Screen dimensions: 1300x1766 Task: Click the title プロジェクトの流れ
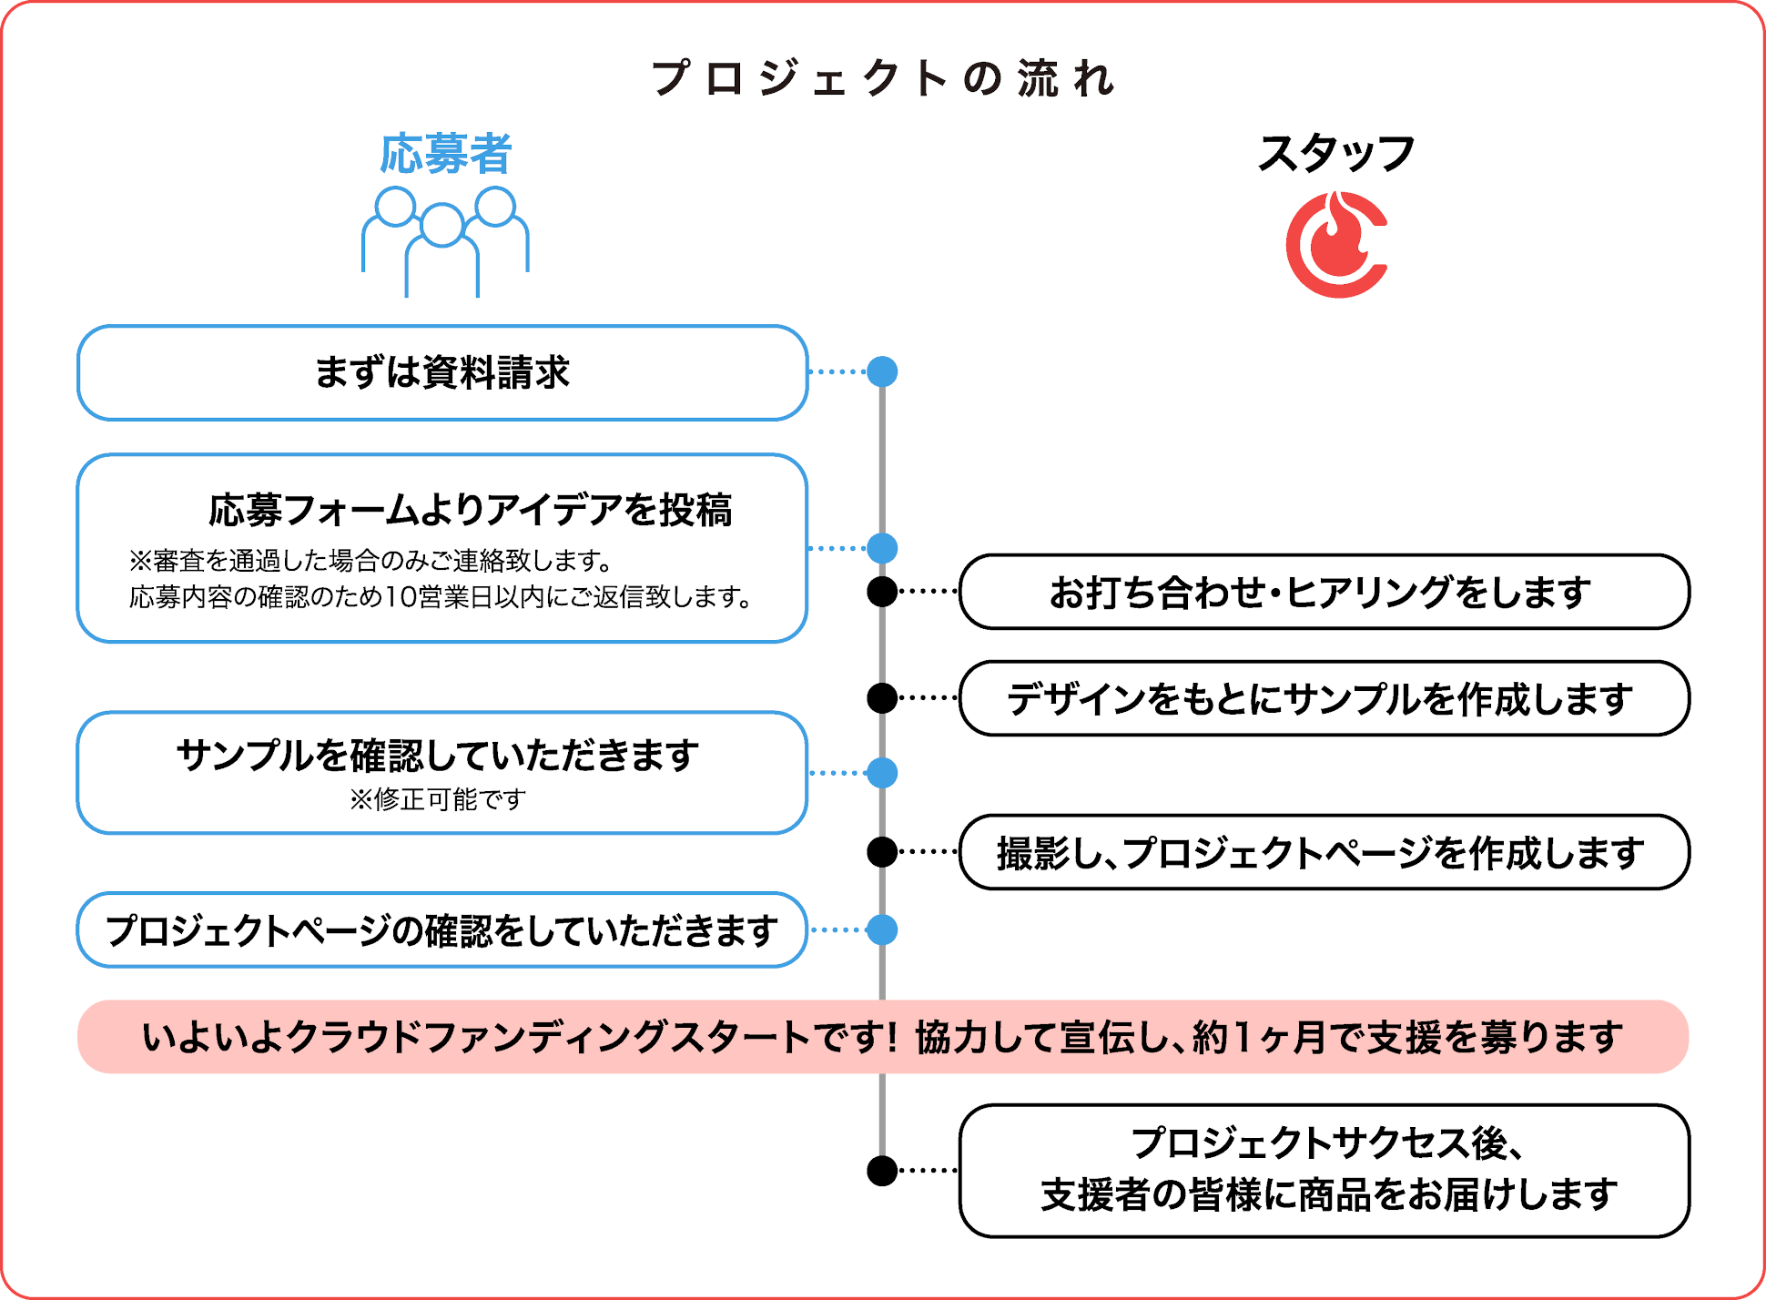(x=883, y=78)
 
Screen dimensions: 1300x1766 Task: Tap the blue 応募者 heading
(x=445, y=154)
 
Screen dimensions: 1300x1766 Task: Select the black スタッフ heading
(x=1335, y=153)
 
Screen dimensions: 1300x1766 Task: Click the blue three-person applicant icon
(x=444, y=241)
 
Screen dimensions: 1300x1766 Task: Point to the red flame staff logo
(x=1335, y=244)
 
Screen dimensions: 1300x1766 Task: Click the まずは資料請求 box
(x=442, y=372)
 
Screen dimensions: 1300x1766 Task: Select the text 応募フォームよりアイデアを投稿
(x=470, y=510)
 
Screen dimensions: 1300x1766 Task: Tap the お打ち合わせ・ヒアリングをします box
(x=1324, y=592)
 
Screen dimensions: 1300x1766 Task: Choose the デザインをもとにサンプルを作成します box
(x=1324, y=698)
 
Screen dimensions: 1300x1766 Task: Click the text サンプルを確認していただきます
(x=438, y=756)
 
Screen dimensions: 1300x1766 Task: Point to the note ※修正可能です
(x=438, y=799)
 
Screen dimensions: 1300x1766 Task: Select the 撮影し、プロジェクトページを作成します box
(x=1324, y=852)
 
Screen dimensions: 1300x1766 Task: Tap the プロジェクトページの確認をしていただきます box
(x=442, y=930)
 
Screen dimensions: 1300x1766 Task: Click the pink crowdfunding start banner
(x=883, y=1037)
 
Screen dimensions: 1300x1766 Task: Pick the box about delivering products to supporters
(x=1324, y=1171)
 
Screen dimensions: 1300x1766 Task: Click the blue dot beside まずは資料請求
(x=882, y=371)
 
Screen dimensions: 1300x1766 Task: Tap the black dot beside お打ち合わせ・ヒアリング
(x=882, y=592)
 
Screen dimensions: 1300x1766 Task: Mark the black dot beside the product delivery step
(x=882, y=1171)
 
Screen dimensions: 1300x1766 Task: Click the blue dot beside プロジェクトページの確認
(x=882, y=930)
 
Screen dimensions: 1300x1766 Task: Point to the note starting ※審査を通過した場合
(x=370, y=560)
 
